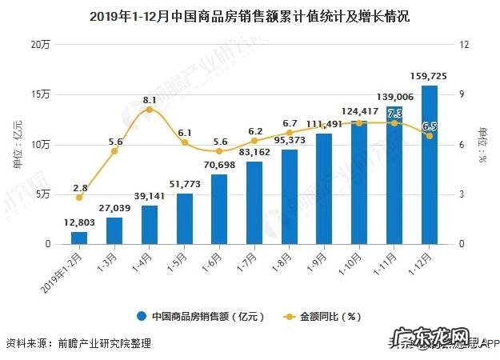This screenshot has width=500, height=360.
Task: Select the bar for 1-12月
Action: pyautogui.click(x=430, y=164)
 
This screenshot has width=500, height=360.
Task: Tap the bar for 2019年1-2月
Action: pyautogui.click(x=79, y=238)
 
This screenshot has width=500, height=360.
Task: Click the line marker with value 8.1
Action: pyautogui.click(x=150, y=110)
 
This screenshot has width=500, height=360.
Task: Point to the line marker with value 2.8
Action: pyautogui.click(x=79, y=197)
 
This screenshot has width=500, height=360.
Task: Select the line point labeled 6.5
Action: pyautogui.click(x=430, y=136)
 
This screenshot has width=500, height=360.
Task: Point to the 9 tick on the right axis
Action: pyautogui.click(x=462, y=94)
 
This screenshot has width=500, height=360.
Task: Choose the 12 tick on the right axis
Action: pyautogui.click(x=463, y=45)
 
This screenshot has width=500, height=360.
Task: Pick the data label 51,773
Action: pyautogui.click(x=183, y=186)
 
